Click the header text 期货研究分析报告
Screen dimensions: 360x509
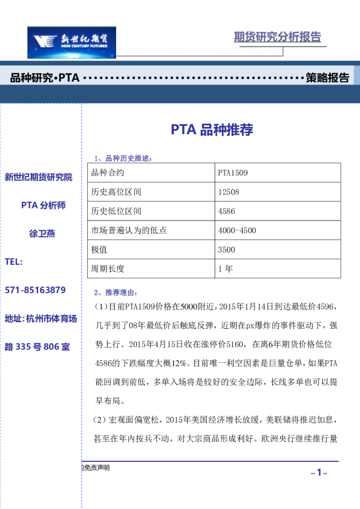coord(277,37)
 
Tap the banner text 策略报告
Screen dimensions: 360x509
coord(327,78)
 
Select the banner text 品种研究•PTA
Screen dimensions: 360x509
coord(45,78)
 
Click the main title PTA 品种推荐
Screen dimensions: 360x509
coord(211,129)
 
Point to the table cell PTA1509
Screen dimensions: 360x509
coord(233,173)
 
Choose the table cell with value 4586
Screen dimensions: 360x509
coord(226,212)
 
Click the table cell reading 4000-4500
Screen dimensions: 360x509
coord(237,230)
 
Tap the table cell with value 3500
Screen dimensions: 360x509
coord(226,250)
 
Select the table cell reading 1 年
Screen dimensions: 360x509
coord(225,269)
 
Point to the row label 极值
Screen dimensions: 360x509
coord(99,250)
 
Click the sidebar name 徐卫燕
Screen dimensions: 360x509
coord(42,233)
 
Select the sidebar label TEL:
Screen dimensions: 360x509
coord(13,262)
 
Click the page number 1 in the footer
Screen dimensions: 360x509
coord(318,472)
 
